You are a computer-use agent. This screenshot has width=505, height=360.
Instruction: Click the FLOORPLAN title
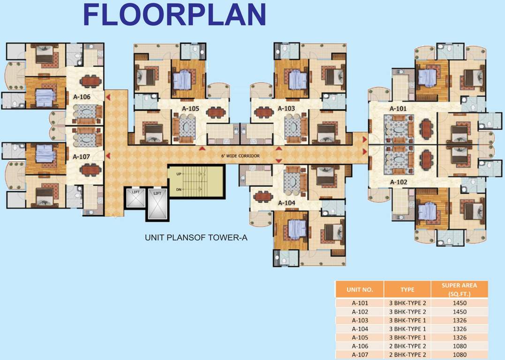[x=174, y=15]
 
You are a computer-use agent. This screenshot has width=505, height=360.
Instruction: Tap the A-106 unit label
[x=82, y=97]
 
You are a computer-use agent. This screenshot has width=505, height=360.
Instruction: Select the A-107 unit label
[x=81, y=157]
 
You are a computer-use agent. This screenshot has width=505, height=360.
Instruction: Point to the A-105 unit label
[x=191, y=108]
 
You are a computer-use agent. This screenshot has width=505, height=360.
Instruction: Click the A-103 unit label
[x=286, y=108]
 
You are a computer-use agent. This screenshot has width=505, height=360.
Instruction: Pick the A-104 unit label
[x=286, y=203]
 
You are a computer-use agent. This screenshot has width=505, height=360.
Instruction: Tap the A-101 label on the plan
[x=398, y=108]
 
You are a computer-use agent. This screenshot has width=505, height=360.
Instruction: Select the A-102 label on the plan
[x=399, y=182]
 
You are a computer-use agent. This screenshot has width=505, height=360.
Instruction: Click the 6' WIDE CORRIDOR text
[x=240, y=156]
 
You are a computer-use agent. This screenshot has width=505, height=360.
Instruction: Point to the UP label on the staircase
[x=179, y=174]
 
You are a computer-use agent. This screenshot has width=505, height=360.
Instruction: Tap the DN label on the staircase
[x=179, y=189]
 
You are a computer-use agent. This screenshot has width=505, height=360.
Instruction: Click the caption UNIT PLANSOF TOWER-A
[x=196, y=238]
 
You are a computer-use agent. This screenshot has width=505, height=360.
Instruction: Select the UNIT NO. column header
[x=360, y=290]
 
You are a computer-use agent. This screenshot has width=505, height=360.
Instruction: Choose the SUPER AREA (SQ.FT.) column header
[x=460, y=290]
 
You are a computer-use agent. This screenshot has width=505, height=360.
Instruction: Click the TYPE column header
[x=407, y=290]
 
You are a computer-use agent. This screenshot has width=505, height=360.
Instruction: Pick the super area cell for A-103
[x=460, y=321]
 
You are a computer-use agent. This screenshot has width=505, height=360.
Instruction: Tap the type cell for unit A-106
[x=407, y=346]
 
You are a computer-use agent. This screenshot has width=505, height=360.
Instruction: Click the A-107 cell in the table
[x=360, y=355]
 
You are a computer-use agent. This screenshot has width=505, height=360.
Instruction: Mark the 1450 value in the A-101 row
[x=460, y=303]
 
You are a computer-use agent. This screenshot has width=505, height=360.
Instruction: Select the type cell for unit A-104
[x=407, y=329]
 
